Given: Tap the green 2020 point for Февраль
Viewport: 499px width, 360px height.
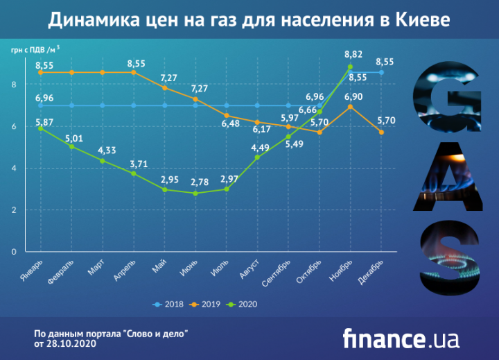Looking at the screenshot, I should tap(71, 146).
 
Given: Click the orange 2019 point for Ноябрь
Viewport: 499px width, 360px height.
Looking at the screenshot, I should tap(351, 107).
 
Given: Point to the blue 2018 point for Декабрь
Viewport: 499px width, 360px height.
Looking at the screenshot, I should tap(382, 72).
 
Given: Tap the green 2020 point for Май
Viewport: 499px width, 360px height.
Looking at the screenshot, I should tap(164, 189).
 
